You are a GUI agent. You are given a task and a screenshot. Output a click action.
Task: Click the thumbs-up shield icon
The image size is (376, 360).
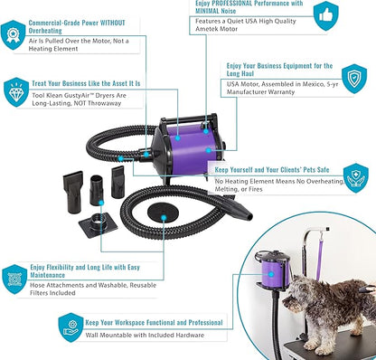pos(326,15)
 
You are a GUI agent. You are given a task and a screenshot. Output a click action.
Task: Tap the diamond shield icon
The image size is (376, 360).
pos(16,92)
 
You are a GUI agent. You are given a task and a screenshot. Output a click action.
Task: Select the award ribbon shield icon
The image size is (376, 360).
pos(13,34)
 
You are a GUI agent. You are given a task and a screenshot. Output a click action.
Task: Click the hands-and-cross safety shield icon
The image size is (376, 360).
pos(356,178)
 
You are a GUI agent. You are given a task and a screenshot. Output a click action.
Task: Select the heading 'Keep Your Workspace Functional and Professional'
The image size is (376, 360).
pos(154,323)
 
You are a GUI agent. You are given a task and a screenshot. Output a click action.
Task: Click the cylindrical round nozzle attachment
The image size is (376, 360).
pos(97,190)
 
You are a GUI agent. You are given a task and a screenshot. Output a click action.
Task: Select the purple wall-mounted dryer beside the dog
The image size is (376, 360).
pos(273,271)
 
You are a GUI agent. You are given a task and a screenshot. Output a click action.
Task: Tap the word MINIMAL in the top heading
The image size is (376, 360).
pos(208,11)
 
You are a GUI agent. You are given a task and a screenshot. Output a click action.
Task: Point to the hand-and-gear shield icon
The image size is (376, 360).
pos(71,327)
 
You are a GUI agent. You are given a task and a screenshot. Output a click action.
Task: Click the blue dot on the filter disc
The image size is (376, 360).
pos(164,217)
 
